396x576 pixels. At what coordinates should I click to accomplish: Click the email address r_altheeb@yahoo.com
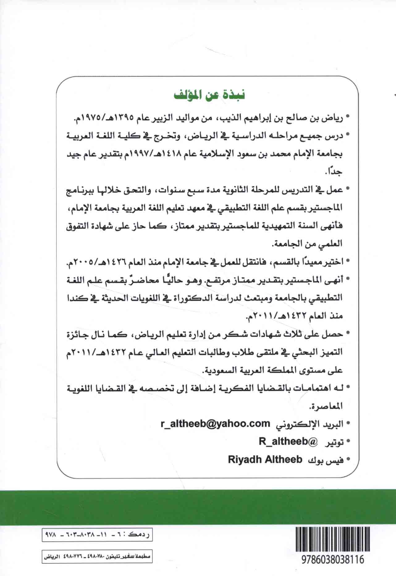point(215,424)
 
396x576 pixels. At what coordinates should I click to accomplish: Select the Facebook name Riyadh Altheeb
point(265,460)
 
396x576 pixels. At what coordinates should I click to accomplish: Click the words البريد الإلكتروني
point(309,424)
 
